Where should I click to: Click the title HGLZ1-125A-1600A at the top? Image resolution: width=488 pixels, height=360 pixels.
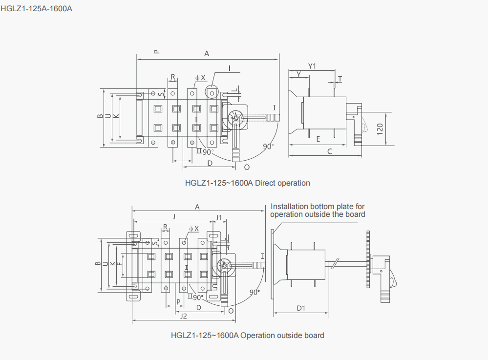37,8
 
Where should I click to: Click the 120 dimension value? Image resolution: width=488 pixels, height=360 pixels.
380,129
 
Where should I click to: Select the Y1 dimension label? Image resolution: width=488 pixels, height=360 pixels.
312,66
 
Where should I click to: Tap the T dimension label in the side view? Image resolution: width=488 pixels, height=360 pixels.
340,79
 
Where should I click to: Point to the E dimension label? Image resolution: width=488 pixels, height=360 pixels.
318,139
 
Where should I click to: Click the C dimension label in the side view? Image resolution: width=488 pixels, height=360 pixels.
330,151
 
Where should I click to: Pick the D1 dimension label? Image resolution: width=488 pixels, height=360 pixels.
301,308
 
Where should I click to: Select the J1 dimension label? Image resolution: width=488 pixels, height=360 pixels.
219,217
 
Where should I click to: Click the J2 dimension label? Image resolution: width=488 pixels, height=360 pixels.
184,316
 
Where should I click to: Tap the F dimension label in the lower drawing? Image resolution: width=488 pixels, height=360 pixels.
120,264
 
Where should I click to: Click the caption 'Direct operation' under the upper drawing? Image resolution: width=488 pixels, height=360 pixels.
282,183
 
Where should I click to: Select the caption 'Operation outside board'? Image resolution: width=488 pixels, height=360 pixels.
282,336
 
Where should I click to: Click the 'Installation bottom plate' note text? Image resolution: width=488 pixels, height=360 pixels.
318,211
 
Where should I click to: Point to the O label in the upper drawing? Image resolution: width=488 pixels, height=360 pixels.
247,168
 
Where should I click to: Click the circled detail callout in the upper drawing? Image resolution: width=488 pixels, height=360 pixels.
212,93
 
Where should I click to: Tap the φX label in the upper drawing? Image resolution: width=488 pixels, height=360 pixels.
200,78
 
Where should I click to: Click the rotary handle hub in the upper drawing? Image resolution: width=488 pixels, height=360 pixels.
235,118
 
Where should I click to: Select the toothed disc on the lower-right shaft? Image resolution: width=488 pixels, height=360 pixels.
368,259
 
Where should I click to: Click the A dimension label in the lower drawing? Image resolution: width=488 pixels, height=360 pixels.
197,207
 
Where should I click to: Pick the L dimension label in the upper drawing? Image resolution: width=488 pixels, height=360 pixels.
236,90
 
